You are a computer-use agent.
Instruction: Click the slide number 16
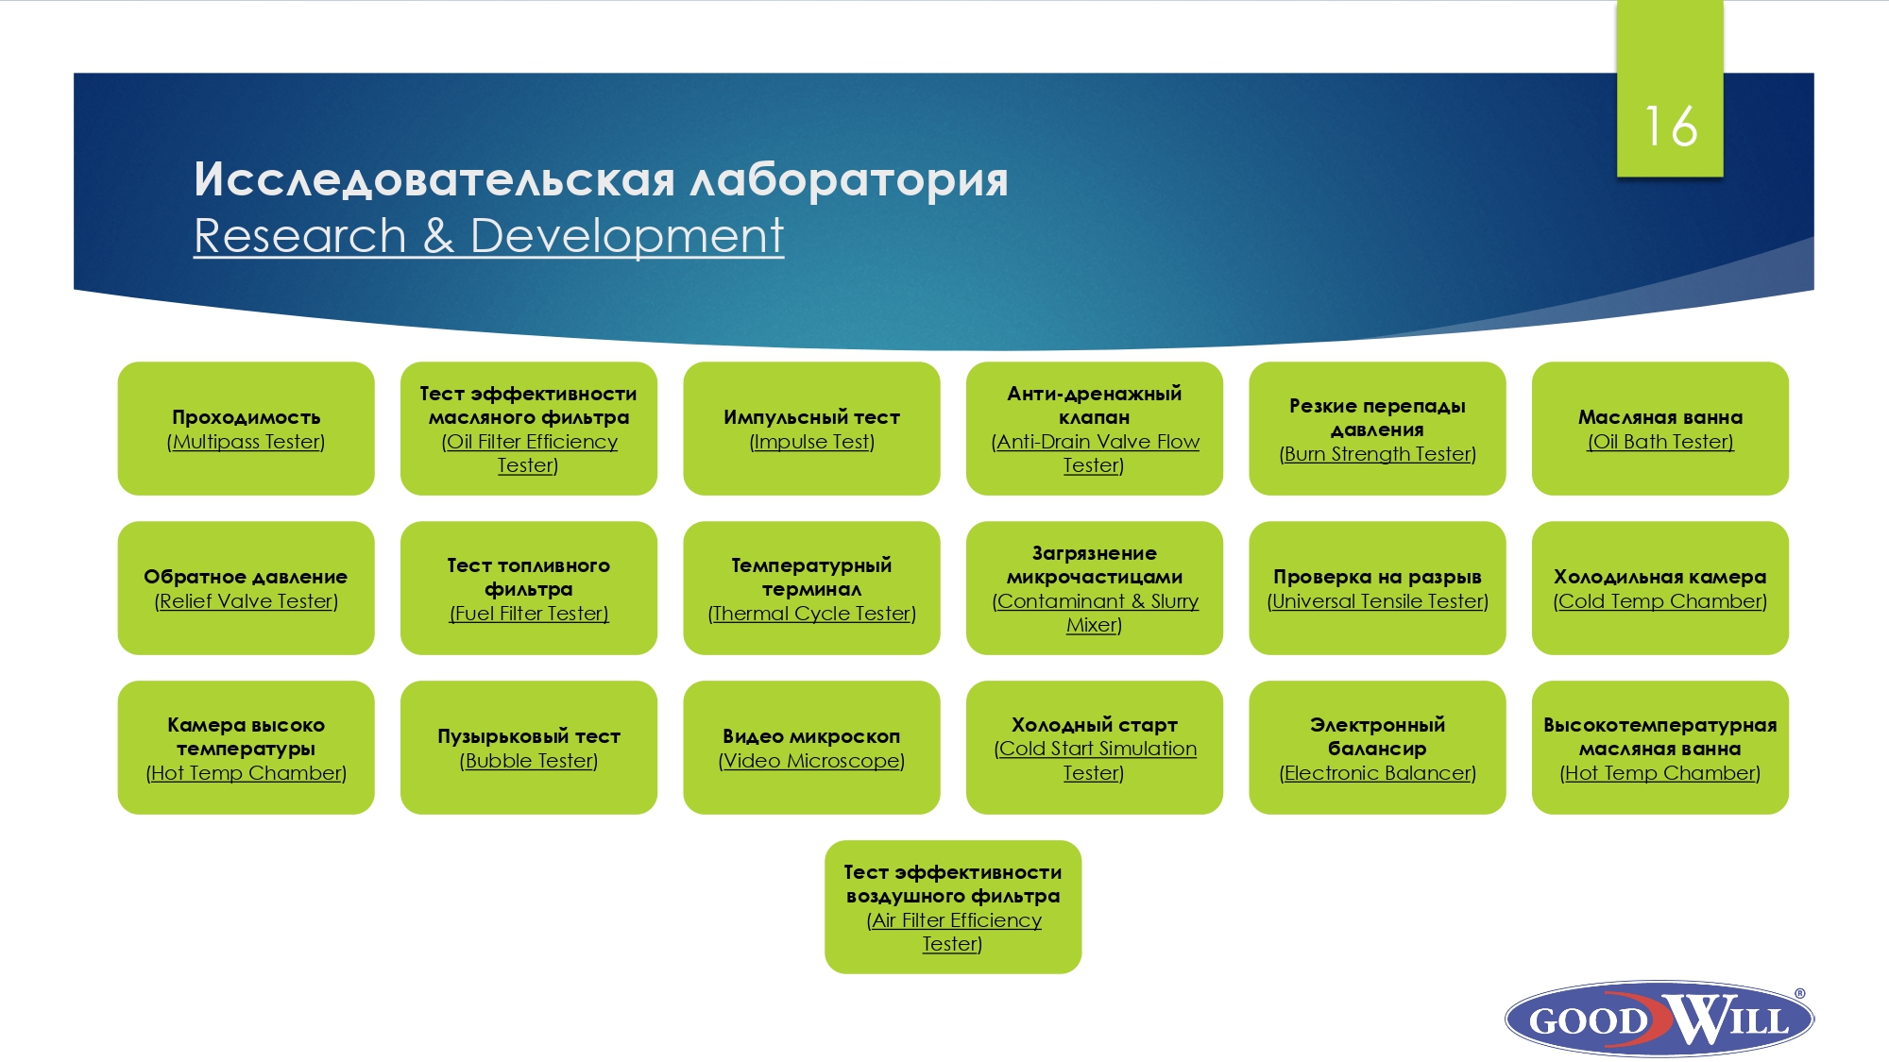[1670, 126]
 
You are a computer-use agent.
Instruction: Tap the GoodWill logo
[1659, 1018]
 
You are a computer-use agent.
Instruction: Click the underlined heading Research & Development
[488, 236]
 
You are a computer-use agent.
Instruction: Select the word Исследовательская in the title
[434, 179]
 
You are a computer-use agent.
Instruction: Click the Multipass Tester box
[246, 429]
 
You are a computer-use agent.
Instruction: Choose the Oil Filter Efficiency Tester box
[529, 429]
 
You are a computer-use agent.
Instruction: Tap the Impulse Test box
[811, 429]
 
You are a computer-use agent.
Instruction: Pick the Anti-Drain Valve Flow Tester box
[1095, 429]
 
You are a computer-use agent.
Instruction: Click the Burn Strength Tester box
[1377, 429]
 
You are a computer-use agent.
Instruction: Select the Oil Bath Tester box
[1660, 429]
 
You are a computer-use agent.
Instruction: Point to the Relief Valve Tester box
[246, 588]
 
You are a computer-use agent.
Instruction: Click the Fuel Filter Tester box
[529, 588]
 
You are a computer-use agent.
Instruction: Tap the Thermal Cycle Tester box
[811, 588]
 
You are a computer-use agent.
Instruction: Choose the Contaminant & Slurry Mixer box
[1095, 588]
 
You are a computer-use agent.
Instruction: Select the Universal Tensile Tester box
[1377, 588]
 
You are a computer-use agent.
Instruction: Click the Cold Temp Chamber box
[1660, 588]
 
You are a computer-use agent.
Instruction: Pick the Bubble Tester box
[529, 748]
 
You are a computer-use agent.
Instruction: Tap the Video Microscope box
[811, 748]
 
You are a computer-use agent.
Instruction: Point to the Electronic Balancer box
[1377, 748]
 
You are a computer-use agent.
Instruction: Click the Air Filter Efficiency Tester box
[953, 907]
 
